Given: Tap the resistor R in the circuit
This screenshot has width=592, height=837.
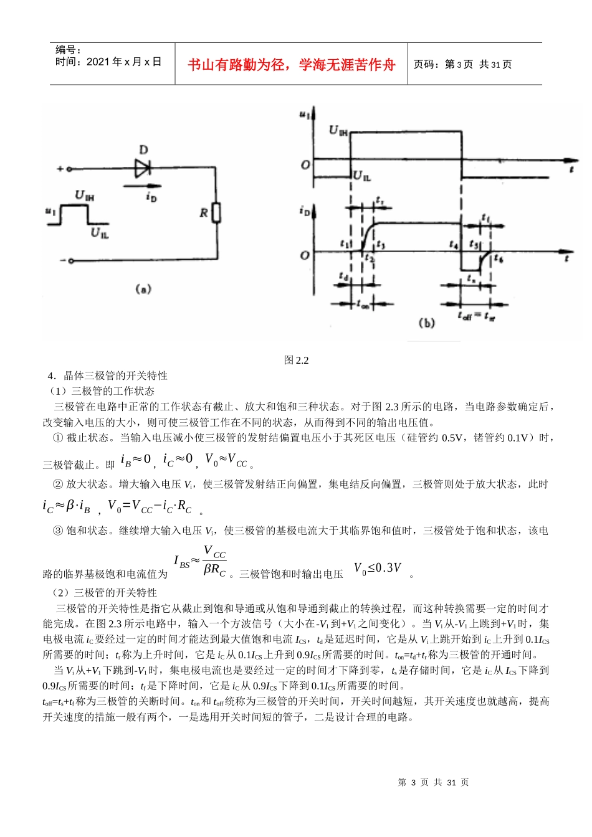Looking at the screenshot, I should coord(216,213).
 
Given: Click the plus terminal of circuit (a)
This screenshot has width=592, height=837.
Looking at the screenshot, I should coord(69,169).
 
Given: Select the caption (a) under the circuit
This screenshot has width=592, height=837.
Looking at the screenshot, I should coord(143,290).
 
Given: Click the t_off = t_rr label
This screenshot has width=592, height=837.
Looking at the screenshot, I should coord(476,316).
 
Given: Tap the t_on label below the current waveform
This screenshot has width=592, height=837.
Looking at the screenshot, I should coord(363,305).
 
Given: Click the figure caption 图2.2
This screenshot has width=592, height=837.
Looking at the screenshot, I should coord(296,360).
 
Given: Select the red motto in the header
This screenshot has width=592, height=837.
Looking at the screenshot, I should coord(292,65).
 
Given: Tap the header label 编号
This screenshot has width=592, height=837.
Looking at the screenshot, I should coord(69,50).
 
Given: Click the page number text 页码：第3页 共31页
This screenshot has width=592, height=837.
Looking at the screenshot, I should coord(463,64).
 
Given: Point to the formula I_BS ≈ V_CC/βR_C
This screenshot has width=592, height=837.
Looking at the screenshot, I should coord(199,562).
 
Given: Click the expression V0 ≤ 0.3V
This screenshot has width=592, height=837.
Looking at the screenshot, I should coord(378,568).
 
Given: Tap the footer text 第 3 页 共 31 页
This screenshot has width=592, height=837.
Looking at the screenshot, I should coord(433,782).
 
